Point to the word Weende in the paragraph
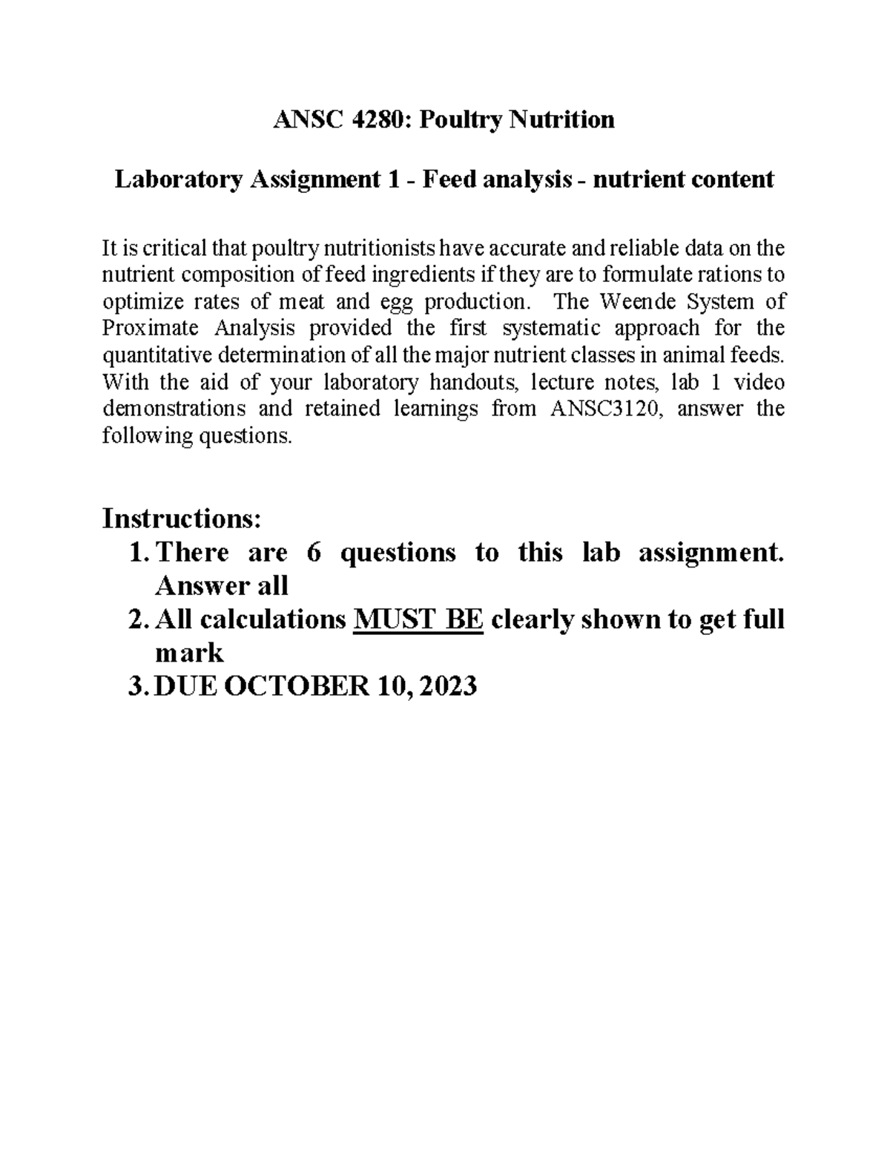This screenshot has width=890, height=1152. tap(639, 302)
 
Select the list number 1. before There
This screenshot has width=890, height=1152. tap(139, 553)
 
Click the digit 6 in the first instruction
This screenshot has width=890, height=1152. tap(313, 553)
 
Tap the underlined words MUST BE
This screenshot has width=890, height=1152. tap(420, 619)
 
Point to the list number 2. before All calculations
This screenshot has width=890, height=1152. tap(139, 619)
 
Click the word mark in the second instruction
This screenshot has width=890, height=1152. tap(188, 654)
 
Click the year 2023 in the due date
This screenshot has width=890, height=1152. tap(447, 687)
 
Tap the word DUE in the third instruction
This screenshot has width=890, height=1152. tap(185, 687)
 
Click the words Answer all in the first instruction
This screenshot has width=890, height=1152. tap(220, 586)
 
